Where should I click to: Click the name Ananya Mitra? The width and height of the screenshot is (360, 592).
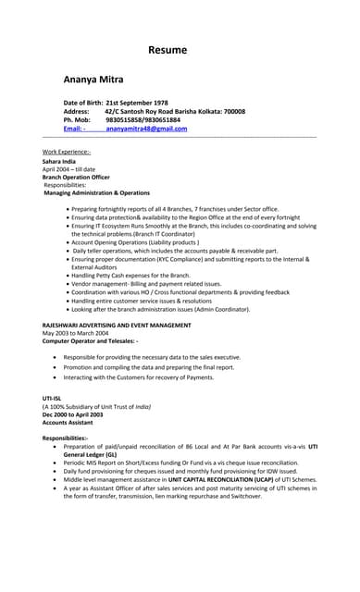93,80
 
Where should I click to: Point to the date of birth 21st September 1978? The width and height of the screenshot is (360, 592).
137,102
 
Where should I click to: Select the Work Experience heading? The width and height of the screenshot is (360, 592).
67,151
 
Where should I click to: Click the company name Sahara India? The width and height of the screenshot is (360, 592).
60,161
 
